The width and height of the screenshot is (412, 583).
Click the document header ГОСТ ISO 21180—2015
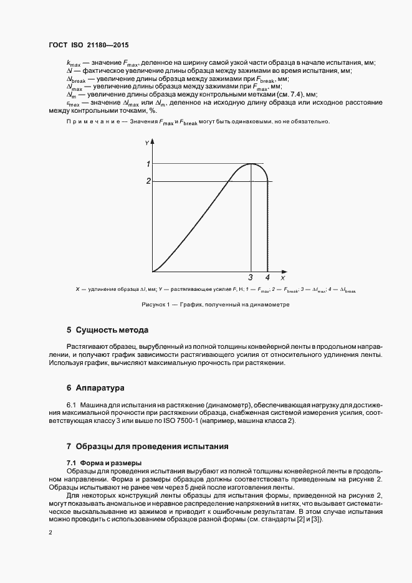[x=88, y=45]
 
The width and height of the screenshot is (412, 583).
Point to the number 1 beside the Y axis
[x=148, y=164]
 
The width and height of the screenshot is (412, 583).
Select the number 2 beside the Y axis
[x=148, y=181]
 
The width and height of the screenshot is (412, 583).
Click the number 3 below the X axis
[x=251, y=278]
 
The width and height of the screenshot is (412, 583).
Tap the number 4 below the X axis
[x=267, y=278]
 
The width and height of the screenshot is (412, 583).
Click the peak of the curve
[x=251, y=164]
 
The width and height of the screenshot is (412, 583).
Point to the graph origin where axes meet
[x=153, y=272]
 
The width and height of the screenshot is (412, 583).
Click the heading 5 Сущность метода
[x=107, y=329]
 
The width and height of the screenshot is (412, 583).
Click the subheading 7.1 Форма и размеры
[x=104, y=463]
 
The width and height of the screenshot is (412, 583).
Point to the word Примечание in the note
[x=87, y=122]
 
